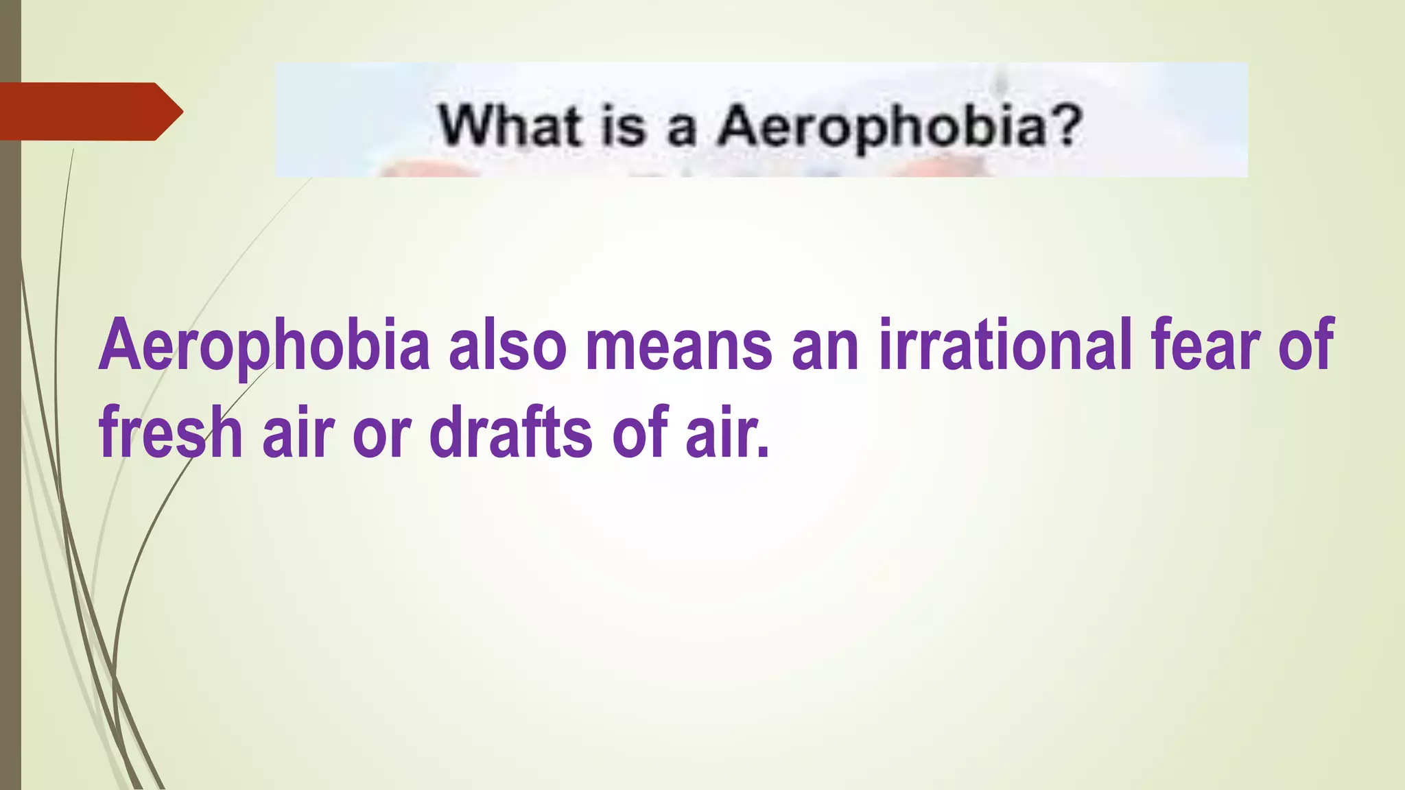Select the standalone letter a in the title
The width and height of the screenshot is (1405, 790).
[681, 130]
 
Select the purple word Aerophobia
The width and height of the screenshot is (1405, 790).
[265, 345]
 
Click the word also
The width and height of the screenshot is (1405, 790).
[507, 345]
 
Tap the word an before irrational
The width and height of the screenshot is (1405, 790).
[825, 350]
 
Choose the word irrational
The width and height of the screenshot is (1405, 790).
[1006, 345]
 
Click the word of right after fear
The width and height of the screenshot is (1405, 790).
[1306, 345]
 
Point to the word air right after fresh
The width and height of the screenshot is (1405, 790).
[298, 432]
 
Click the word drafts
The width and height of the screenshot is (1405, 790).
[510, 432]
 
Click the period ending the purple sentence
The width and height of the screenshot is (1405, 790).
[762, 453]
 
